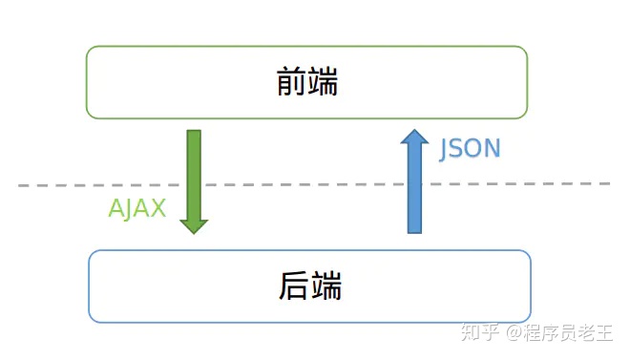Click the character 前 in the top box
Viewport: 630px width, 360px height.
pos(292,83)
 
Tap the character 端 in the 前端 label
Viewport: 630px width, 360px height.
pos(324,83)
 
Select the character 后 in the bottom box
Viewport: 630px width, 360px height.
pos(295,285)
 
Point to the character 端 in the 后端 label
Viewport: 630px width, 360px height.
pos(325,285)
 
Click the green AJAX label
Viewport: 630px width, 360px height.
pos(137,209)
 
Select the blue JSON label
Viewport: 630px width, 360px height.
pos(470,149)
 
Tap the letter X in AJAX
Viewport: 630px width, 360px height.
pos(158,209)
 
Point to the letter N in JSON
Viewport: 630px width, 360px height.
pos(492,149)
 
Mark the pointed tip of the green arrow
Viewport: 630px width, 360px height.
pos(194,232)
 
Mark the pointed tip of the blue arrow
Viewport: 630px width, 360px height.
pos(414,132)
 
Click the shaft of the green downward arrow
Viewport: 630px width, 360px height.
pos(194,172)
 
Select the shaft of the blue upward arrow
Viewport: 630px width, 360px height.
pos(414,191)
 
